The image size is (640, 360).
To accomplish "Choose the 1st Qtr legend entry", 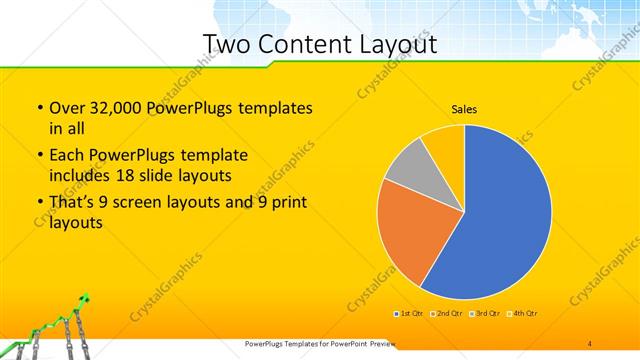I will coord(409,314).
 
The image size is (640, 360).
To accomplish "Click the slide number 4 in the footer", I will coord(590,343).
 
